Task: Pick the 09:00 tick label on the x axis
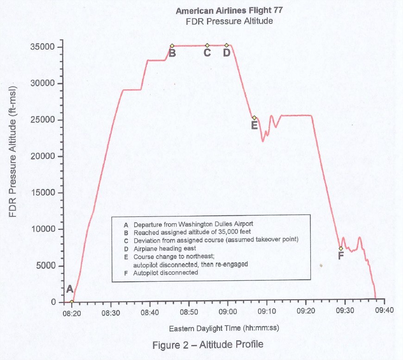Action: coord(227,312)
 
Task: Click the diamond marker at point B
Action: coord(172,46)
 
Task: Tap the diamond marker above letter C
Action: coord(207,45)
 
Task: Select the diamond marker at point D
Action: coord(227,45)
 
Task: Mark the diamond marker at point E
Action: coord(254,118)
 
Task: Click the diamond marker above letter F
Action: coord(341,248)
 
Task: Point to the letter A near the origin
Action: coord(70,289)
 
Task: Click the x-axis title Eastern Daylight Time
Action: coord(224,328)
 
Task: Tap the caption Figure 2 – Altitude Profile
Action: coord(208,344)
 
